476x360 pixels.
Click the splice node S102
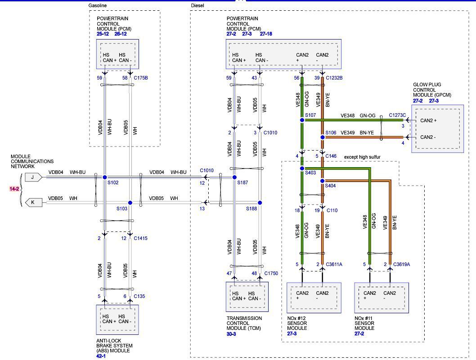[104, 178]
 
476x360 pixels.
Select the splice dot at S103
[130, 203]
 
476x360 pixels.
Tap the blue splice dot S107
[302, 120]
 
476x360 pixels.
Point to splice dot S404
[322, 181]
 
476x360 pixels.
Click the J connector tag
[33, 177]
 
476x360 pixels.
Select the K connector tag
[33, 203]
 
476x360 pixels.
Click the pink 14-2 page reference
[14, 189]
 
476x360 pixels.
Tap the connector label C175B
[141, 78]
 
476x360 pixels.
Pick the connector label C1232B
[334, 78]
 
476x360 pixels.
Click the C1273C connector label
[397, 116]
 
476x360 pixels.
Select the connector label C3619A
[402, 265]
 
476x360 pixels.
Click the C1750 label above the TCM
[271, 273]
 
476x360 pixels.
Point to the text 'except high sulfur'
[362, 156]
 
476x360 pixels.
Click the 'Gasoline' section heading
[98, 5]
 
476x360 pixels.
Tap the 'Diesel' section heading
[198, 5]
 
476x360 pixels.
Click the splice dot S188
[260, 203]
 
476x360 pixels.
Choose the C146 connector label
[332, 156]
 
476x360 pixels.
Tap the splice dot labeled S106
[322, 137]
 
